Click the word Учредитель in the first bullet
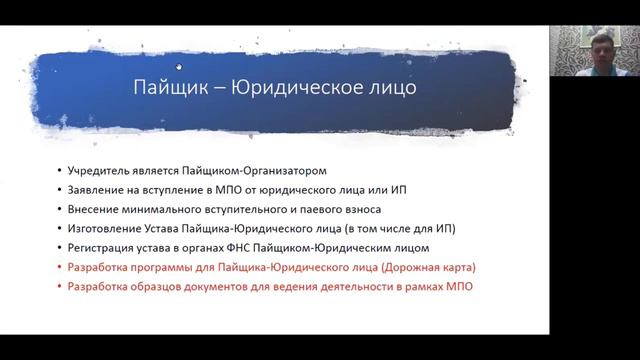(x=95, y=171)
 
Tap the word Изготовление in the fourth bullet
(x=101, y=228)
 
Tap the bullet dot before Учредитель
(x=58, y=171)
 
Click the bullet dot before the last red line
(x=58, y=287)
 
